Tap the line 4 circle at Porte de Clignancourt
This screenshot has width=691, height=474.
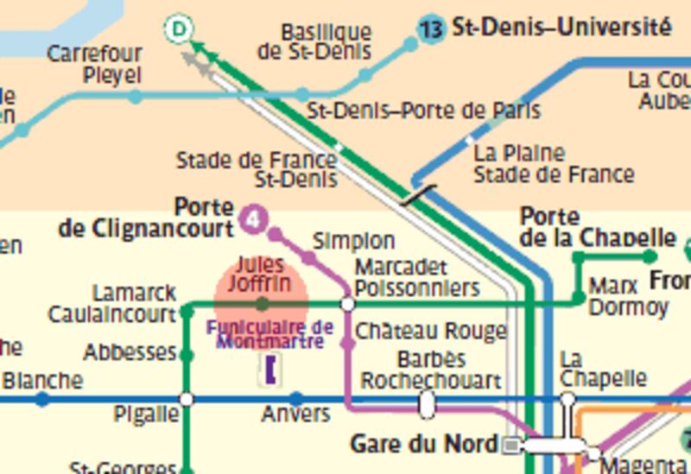[x=252, y=219]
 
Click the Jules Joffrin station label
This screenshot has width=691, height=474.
[x=260, y=273]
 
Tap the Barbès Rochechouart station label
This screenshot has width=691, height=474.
[x=431, y=369]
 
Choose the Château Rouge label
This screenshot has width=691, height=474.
[x=430, y=331]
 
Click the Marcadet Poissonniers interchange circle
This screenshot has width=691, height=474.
[x=347, y=304]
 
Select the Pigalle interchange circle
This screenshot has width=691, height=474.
[x=186, y=399]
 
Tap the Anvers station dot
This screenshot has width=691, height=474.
[x=295, y=399]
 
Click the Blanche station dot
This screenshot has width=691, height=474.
[x=42, y=399]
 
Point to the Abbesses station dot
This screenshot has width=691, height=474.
[x=185, y=354]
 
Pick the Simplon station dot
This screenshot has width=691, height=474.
[x=308, y=256]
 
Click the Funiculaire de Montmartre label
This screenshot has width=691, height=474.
[x=269, y=334]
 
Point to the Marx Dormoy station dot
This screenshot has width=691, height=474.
[x=579, y=300]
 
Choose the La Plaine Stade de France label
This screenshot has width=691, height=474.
[x=553, y=164]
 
